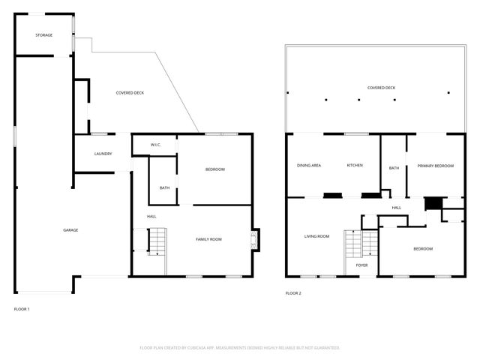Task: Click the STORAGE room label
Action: pos(44,35)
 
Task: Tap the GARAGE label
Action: pos(70,230)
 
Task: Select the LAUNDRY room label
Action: pos(103,154)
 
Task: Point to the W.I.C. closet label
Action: pos(156,145)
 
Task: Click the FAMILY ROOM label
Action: pos(208,239)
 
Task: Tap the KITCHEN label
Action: pos(355,165)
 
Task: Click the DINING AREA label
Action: pos(309,165)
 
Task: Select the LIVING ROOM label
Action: pos(316,236)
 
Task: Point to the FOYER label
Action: pos(361,265)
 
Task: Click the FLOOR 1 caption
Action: pos(22,309)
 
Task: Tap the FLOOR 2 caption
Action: pos(293,293)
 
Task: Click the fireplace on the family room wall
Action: pos(255,240)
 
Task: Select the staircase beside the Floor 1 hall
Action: pos(156,241)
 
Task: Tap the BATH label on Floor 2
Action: pos(394,168)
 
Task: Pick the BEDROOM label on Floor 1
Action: pos(215,169)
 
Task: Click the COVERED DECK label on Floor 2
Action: pos(381,88)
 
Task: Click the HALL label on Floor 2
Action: pos(396,208)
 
